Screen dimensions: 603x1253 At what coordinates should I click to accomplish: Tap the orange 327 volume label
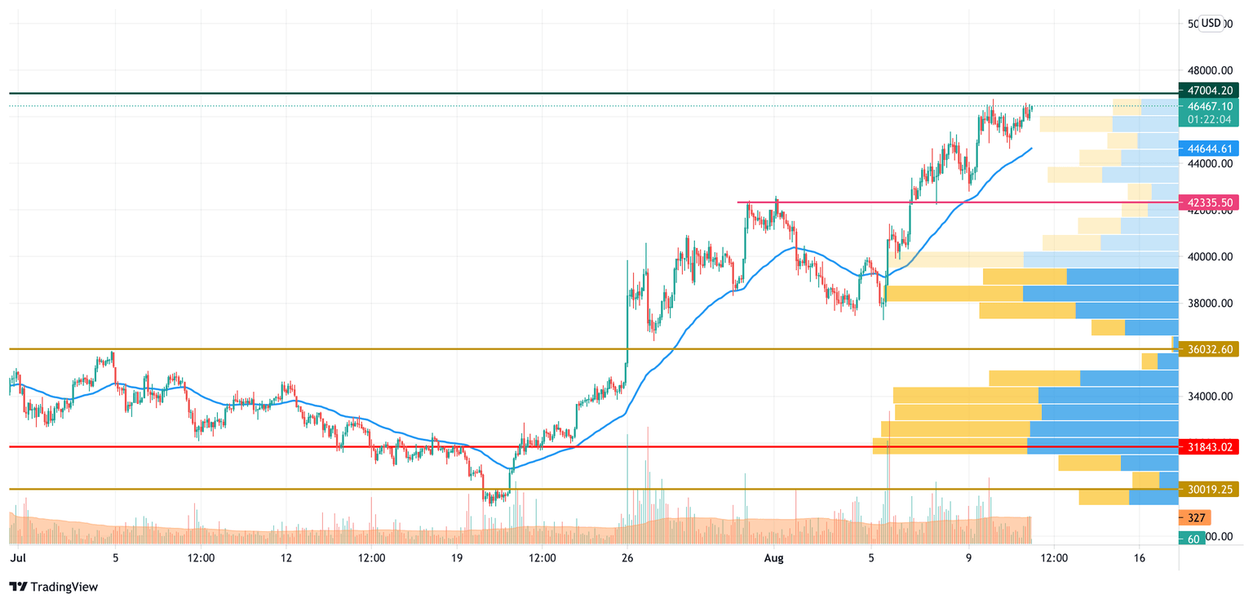1196,518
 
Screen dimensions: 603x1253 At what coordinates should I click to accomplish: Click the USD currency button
1211,23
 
